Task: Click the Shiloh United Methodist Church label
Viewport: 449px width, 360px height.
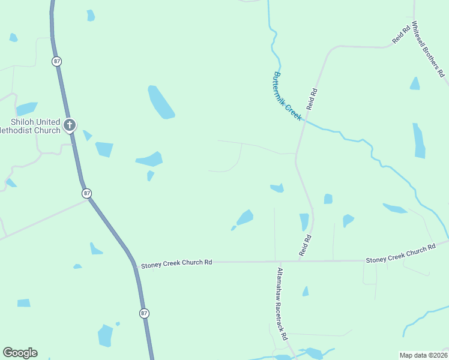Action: point(30,126)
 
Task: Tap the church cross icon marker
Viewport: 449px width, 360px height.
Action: point(70,125)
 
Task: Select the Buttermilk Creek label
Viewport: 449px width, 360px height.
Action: point(286,97)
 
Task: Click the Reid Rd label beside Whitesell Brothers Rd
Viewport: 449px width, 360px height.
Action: point(401,34)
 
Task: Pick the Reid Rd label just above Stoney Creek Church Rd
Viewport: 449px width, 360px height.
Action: point(306,246)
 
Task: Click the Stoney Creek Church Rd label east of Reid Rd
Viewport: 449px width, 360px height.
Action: point(400,254)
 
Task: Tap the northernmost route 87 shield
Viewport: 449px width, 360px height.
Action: point(57,62)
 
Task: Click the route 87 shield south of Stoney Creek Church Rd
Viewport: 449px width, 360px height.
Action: point(144,314)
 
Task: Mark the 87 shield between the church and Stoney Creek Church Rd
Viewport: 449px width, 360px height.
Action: point(87,193)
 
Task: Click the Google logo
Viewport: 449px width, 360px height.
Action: point(20,353)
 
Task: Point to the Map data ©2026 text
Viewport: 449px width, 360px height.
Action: point(423,355)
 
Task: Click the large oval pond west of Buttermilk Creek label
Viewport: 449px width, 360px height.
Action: point(160,102)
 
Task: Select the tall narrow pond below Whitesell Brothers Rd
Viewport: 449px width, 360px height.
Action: point(419,141)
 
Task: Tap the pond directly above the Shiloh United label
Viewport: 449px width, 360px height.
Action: point(26,109)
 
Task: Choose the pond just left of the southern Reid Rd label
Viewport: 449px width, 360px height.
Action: point(304,222)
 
